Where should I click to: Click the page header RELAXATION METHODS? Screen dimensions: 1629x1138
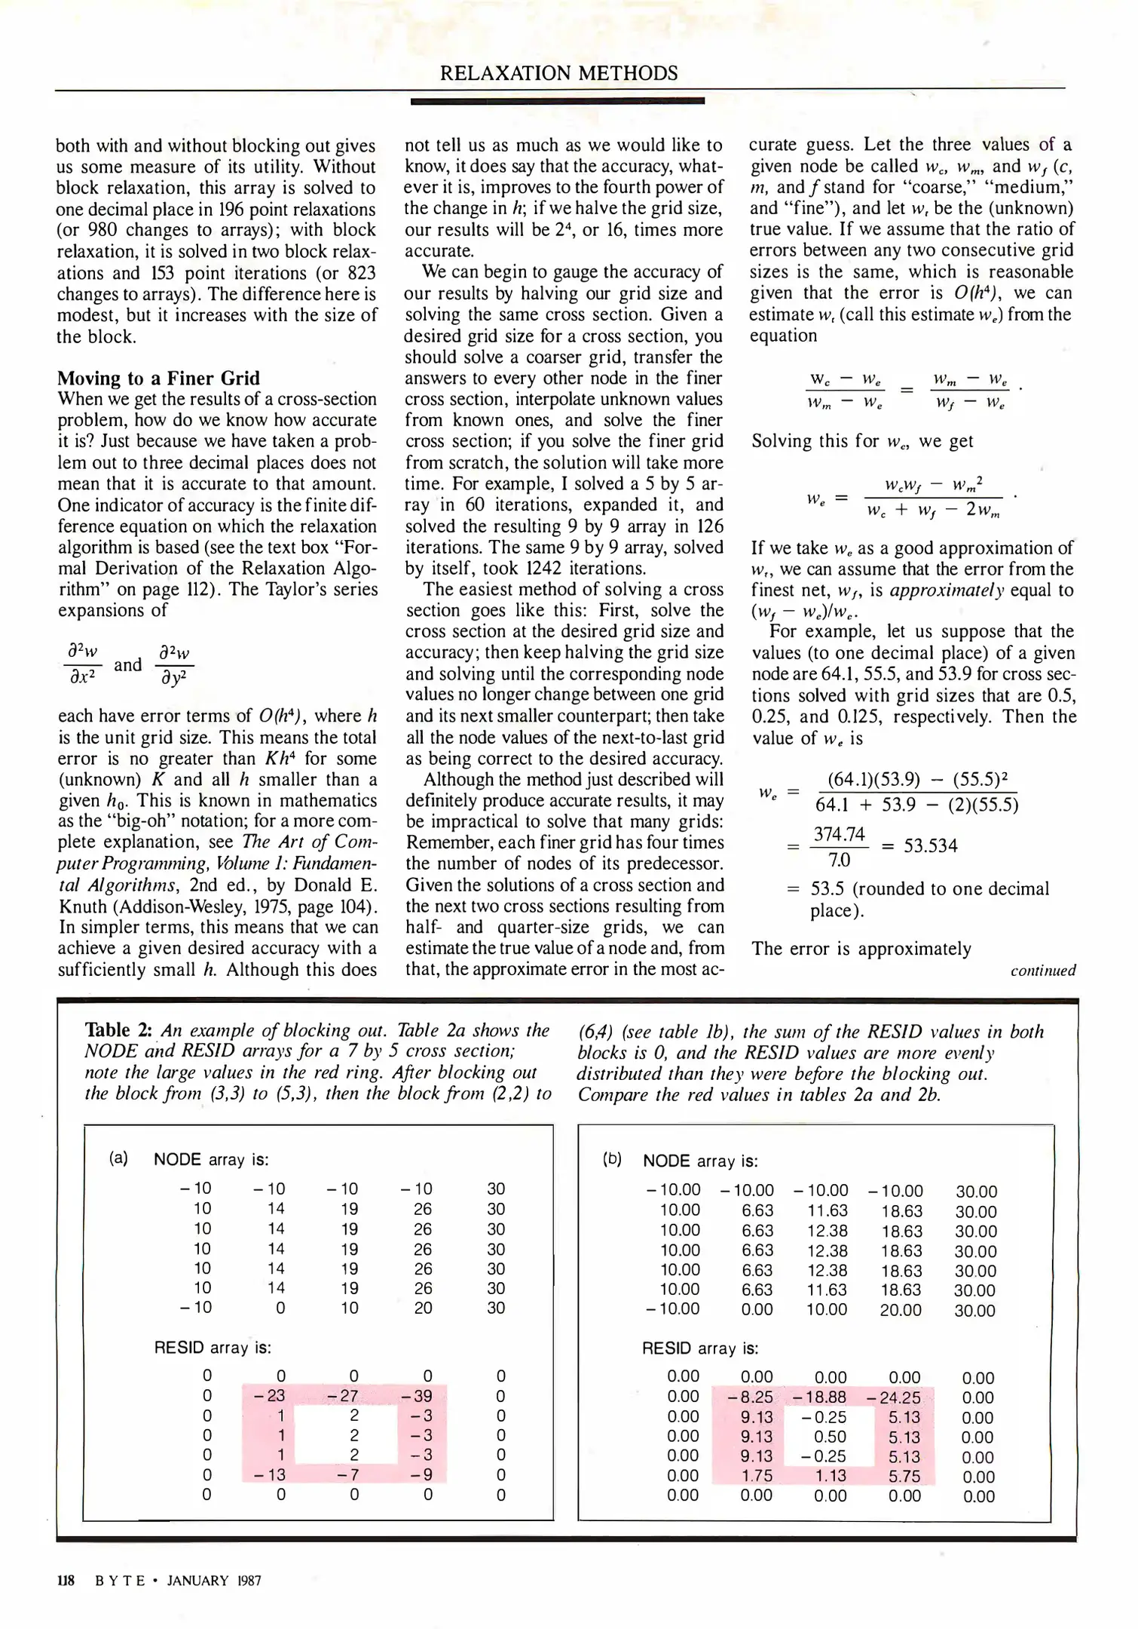coord(558,73)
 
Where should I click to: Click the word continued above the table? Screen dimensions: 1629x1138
coord(1043,971)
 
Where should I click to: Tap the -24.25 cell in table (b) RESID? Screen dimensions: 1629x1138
coord(894,1397)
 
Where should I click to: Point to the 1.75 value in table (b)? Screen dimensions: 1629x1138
coord(757,1476)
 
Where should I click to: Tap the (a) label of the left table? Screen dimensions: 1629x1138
coord(118,1158)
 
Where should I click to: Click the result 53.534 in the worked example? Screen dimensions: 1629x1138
coord(931,846)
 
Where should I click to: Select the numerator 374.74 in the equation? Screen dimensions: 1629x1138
coord(840,834)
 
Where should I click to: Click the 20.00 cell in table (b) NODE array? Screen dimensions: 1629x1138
coord(901,1310)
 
